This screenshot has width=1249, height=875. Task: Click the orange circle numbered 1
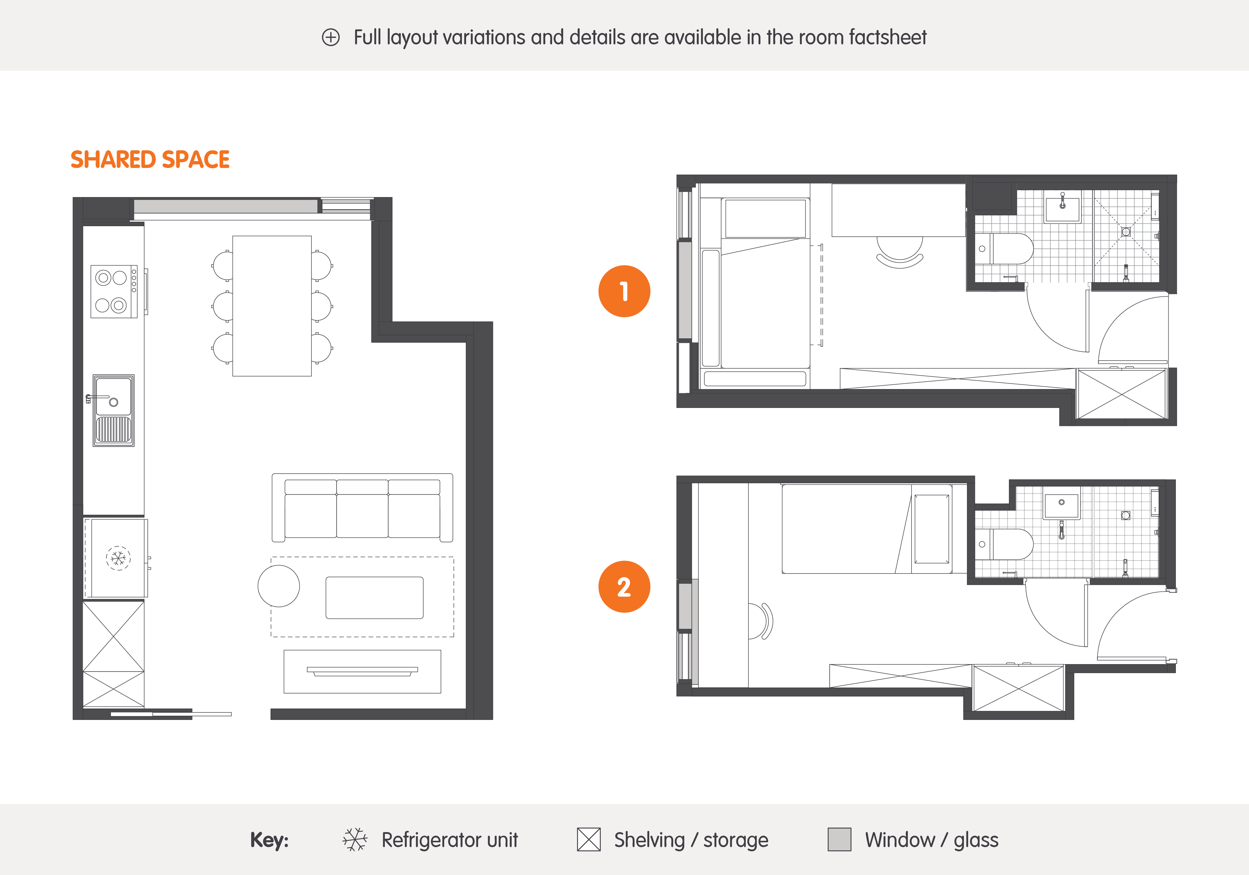tap(624, 291)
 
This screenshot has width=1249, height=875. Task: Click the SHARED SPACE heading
tap(150, 160)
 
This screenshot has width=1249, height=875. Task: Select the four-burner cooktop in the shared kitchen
tap(114, 291)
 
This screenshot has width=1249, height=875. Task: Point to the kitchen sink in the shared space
tap(113, 410)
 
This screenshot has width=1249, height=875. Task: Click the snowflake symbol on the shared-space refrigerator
tap(118, 558)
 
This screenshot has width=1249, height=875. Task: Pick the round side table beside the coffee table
tap(278, 586)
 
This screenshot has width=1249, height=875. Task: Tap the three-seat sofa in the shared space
tap(362, 508)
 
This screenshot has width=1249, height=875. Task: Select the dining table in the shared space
tap(272, 306)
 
